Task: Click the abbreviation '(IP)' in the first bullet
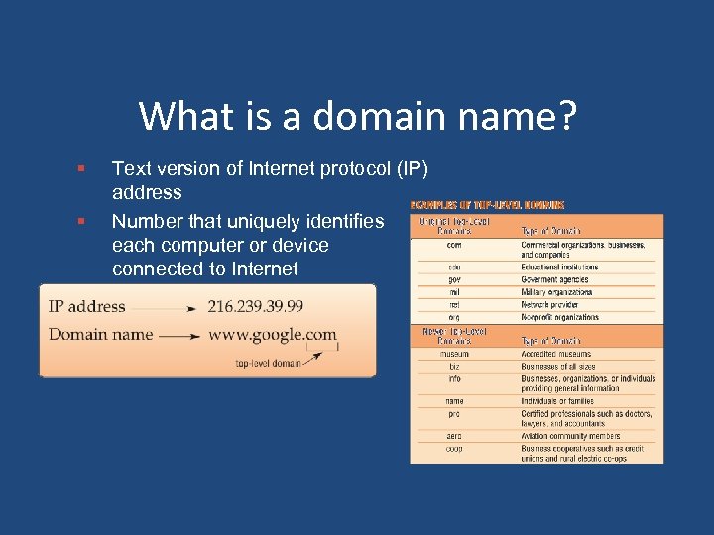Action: coord(410,169)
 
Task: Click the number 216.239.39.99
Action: coord(255,307)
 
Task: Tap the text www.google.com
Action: coord(272,335)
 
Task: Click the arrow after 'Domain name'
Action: coord(178,336)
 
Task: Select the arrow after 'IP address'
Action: coord(164,308)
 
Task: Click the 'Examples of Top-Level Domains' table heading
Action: coord(487,205)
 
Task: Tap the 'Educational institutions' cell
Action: coord(559,267)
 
